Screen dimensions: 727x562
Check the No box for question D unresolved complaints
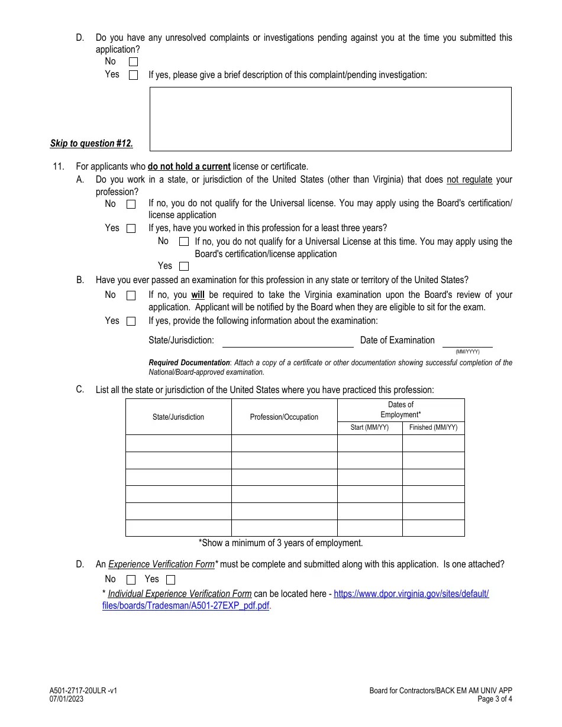tap(134, 61)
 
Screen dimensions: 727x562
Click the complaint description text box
tap(330, 119)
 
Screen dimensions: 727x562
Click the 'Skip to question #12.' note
tap(92, 144)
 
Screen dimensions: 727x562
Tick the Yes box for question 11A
tap(131, 229)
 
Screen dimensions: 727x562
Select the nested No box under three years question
tap(184, 242)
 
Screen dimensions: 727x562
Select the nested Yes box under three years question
tap(184, 267)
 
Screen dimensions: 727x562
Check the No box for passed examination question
tap(131, 296)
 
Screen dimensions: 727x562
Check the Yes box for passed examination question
tap(131, 322)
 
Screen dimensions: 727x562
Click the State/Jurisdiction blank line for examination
tap(288, 342)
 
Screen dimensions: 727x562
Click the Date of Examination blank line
tap(467, 342)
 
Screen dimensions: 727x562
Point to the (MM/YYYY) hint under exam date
tap(467, 352)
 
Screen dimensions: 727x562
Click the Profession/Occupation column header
tap(284, 417)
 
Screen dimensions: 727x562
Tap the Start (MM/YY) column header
tap(370, 428)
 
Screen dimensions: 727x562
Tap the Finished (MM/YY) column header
tap(433, 428)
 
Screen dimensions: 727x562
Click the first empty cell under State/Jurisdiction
tap(178, 443)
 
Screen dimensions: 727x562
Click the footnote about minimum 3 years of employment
tap(280, 543)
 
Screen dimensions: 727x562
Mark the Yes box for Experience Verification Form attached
tap(171, 580)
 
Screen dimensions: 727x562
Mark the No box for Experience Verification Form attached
tap(131, 580)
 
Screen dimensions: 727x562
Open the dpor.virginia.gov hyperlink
tap(411, 594)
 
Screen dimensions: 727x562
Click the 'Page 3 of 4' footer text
tap(495, 699)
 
